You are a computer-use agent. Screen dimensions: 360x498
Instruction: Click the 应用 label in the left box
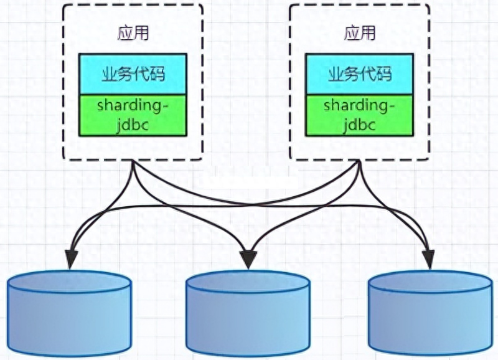[133, 32]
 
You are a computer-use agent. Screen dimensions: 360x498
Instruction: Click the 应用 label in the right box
[360, 32]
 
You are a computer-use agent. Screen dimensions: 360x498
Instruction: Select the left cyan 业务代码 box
[133, 74]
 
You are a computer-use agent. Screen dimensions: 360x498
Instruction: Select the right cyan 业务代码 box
[360, 74]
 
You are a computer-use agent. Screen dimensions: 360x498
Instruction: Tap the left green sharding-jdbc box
[133, 115]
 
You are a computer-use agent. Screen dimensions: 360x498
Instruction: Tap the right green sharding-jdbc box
[360, 115]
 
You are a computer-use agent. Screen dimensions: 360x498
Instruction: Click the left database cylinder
[70, 314]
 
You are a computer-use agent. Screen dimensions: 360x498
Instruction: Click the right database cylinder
[430, 314]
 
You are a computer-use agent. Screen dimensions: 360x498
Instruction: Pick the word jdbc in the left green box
[133, 125]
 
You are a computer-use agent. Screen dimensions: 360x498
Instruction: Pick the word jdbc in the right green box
[360, 125]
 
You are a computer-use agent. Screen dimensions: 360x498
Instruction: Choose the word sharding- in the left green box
[133, 105]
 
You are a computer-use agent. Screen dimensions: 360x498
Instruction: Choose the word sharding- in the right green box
[360, 105]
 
